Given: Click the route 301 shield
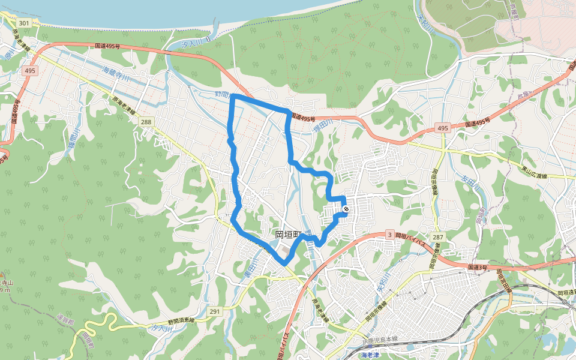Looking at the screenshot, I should pos(24,23).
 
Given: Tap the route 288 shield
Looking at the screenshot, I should pos(146,122).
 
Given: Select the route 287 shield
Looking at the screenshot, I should pos(437,238).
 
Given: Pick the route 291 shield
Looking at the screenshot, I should pos(215,311).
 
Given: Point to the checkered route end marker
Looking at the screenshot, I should pos(346,209).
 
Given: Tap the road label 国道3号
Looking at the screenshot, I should pos(479,267).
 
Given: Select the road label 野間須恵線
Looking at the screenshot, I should pos(181,321).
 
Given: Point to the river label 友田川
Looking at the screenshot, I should pos(472,181).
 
